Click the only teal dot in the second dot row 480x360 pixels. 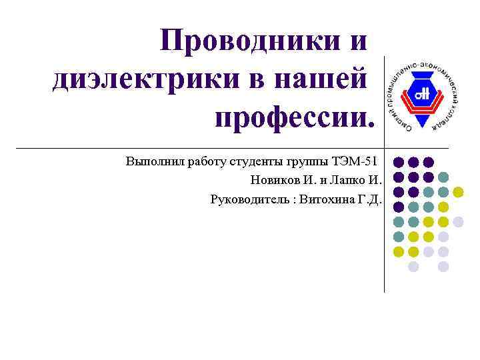(x=443, y=177)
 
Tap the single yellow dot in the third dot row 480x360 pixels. (x=459, y=192)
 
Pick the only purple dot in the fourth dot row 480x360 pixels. (x=398, y=207)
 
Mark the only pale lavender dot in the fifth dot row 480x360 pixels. (x=459, y=221)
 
